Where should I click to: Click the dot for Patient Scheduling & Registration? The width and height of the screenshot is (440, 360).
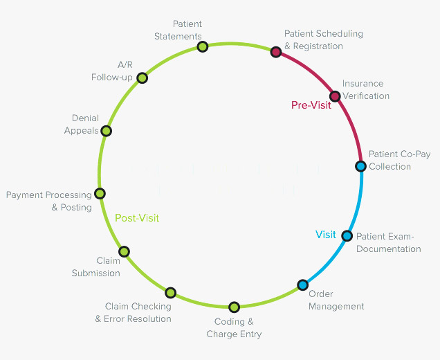tap(275, 51)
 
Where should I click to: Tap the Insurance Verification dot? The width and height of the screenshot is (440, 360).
tap(335, 96)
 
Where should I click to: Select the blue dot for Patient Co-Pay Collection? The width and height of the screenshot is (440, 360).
tap(360, 166)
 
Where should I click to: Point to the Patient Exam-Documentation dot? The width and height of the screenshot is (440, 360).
tap(347, 235)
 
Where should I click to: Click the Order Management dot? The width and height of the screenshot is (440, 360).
tap(302, 285)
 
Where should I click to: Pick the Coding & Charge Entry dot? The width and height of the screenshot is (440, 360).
tap(234, 307)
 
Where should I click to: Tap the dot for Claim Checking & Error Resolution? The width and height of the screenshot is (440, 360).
tap(171, 293)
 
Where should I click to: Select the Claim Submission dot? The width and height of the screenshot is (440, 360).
tap(124, 251)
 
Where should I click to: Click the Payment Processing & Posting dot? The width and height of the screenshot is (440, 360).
tap(100, 194)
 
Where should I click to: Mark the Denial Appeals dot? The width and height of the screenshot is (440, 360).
tap(107, 130)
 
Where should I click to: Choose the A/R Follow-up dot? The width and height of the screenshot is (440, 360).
tap(142, 78)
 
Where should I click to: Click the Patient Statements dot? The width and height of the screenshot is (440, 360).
tap(202, 46)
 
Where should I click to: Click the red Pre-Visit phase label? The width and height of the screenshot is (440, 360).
tap(311, 105)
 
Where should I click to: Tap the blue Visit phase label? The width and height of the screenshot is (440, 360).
tap(326, 235)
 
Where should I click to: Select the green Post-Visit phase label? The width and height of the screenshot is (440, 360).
tap(137, 218)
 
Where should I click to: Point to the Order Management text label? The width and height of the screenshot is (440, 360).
tap(336, 300)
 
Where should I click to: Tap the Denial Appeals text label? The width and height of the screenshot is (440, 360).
tap(82, 124)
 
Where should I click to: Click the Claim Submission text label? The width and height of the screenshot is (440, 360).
tap(96, 267)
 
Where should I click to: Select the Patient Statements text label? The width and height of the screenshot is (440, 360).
tap(178, 30)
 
